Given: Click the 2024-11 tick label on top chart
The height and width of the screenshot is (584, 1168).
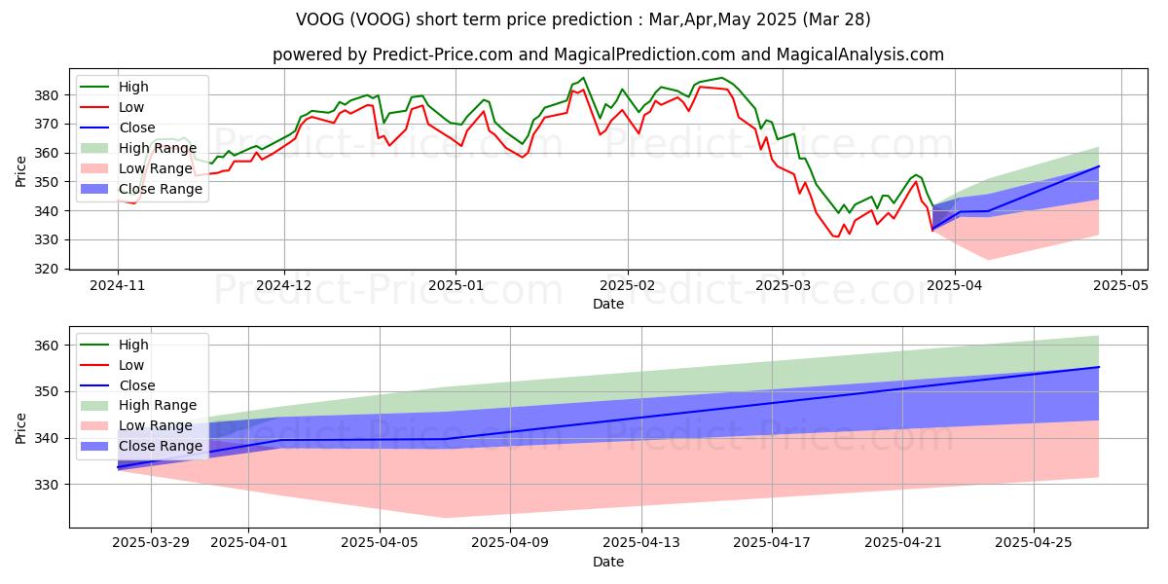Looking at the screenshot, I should [x=118, y=286].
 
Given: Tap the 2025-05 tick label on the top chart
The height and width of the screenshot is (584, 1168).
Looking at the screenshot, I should [x=1121, y=286].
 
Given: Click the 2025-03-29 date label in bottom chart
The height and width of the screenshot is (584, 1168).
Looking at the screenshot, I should [x=151, y=543].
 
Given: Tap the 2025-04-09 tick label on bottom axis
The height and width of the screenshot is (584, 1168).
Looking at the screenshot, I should [x=510, y=543].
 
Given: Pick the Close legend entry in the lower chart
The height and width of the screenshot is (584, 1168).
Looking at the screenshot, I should [x=137, y=385].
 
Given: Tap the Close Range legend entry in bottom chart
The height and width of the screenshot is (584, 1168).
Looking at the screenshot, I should [x=161, y=446].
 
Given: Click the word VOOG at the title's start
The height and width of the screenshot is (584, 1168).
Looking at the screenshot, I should [x=319, y=19].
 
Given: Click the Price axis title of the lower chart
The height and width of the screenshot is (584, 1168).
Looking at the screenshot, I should [x=21, y=427].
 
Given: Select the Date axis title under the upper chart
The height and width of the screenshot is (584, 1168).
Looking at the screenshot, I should [x=608, y=305].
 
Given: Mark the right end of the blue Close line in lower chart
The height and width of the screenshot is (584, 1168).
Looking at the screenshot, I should [x=1099, y=367].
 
